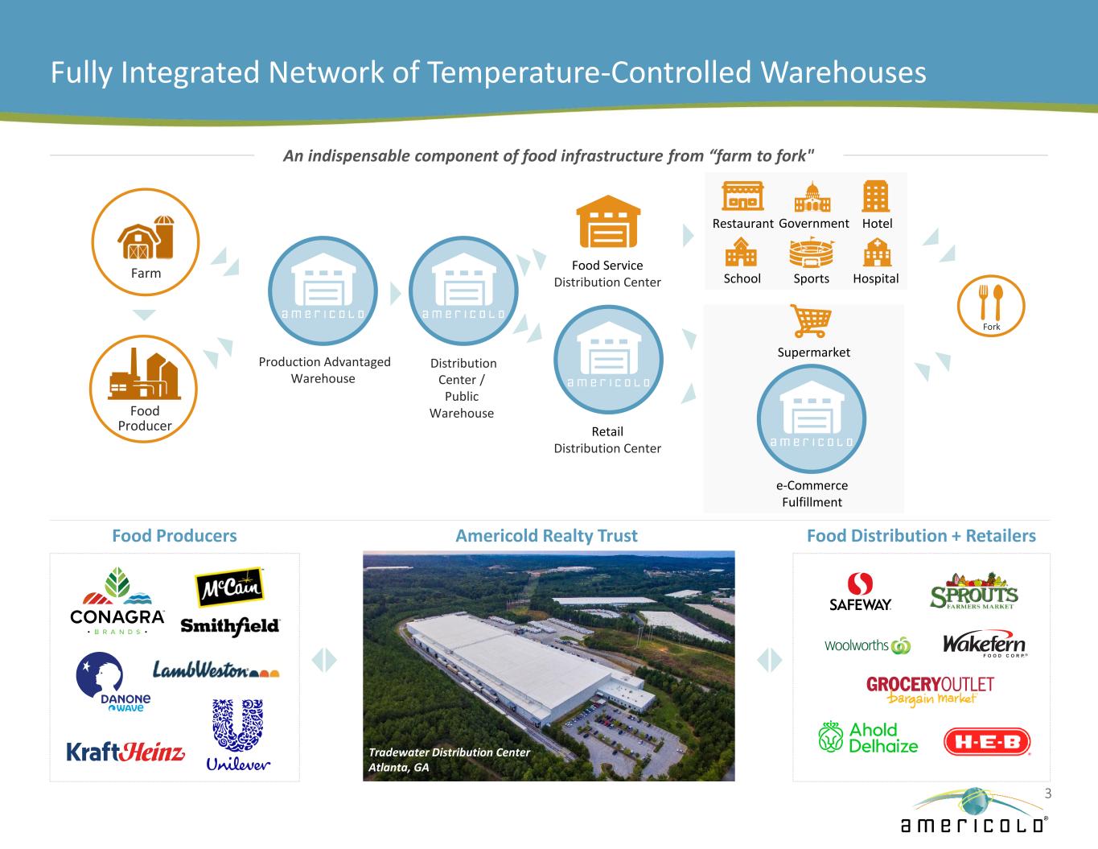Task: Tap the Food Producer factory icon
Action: click(144, 375)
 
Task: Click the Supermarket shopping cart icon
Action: click(810, 320)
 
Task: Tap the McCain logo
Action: click(230, 588)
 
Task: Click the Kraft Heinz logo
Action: click(125, 752)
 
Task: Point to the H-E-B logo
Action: click(986, 742)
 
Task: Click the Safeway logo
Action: click(861, 592)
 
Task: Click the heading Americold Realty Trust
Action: click(546, 536)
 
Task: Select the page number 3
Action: click(1047, 793)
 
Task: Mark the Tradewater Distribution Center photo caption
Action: click(449, 760)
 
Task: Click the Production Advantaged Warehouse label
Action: click(324, 370)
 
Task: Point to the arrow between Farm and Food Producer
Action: click(144, 315)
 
